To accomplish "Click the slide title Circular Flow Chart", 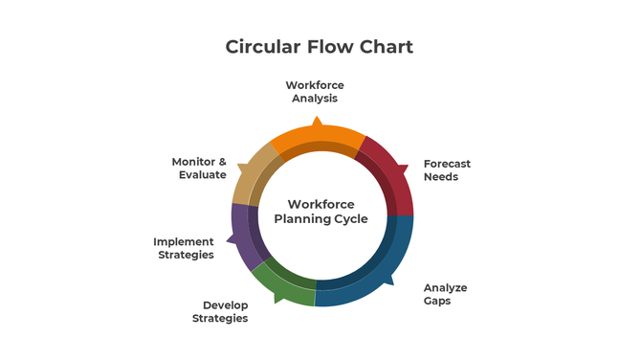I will pyautogui.click(x=320, y=46).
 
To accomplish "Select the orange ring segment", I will pyautogui.click(x=316, y=138).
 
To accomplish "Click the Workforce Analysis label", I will pyautogui.click(x=315, y=92).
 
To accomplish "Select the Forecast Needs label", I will pyautogui.click(x=447, y=170).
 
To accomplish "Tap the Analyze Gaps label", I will pyautogui.click(x=445, y=294).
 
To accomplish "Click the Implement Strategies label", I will pyautogui.click(x=184, y=249).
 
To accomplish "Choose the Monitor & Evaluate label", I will pyautogui.click(x=199, y=169).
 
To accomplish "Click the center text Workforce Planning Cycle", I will pyautogui.click(x=320, y=212).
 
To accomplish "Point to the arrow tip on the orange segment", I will pyautogui.click(x=316, y=121).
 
